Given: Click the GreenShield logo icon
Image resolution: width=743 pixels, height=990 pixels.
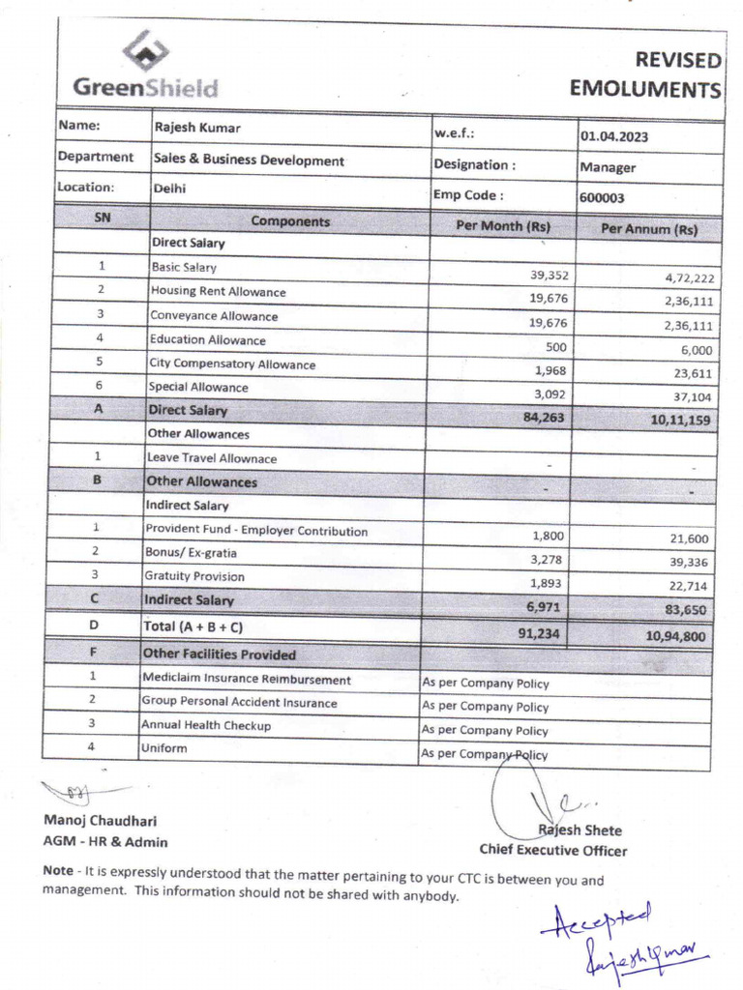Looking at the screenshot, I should point(145,53).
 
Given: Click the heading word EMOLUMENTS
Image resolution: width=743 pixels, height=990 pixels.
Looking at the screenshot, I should point(645,90).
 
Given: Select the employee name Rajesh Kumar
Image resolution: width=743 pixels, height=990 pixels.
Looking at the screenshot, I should point(197,128).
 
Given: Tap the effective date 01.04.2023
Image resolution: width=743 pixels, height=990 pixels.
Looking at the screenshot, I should point(613,136).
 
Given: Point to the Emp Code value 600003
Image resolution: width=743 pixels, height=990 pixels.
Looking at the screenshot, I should point(602,197).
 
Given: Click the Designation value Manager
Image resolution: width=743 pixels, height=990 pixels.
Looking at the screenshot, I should point(608,167).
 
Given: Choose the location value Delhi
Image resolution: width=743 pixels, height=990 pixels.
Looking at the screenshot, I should point(169,189).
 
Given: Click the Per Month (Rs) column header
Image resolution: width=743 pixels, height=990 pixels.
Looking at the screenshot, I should point(503,226).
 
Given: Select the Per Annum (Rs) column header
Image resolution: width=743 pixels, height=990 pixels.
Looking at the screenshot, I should point(648,230).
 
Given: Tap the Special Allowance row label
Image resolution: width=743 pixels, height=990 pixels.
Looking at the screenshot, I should point(198,387).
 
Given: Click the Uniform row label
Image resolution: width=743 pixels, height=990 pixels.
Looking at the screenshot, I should point(163,748).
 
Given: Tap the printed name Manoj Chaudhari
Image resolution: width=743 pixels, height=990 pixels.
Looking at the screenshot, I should point(101,822).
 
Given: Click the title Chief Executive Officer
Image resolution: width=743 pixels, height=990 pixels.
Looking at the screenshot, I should point(552,851).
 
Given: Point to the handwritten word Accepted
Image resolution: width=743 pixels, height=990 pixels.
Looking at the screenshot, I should point(597,919).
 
